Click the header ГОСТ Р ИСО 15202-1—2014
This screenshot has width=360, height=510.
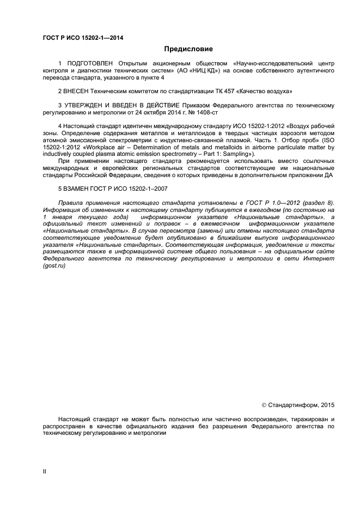pyautogui.click(x=83, y=38)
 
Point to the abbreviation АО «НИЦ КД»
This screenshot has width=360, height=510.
pyautogui.click(x=199, y=70)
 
